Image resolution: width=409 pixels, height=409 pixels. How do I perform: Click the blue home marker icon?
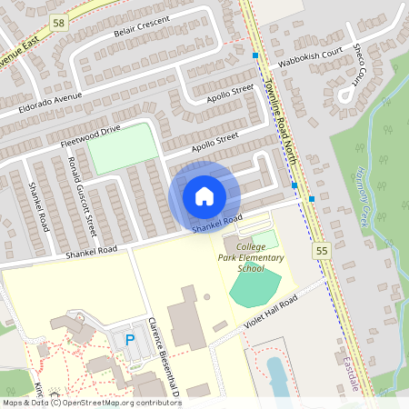[x=204, y=196]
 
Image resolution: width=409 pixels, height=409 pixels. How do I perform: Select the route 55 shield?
[x=321, y=250]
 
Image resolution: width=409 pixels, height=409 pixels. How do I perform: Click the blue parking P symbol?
[x=129, y=339]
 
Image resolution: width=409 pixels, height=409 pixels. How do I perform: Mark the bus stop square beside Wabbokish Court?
[x=254, y=56]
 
